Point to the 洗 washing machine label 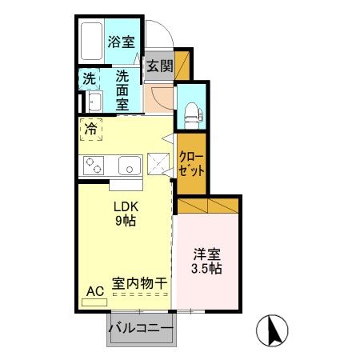point(90,79)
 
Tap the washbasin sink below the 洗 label point(94,102)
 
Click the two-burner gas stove point(94,166)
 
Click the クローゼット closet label point(191,163)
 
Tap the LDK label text point(123,206)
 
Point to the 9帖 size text point(123,221)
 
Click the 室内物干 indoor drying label point(139,283)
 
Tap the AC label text point(94,291)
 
